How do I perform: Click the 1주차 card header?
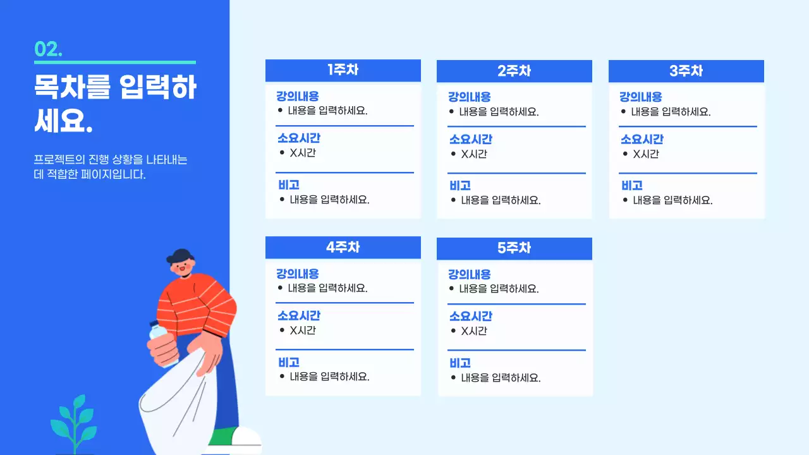[343, 70]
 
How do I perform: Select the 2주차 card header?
[514, 71]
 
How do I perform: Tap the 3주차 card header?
[686, 71]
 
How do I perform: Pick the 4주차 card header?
[343, 247]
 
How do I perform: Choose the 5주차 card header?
[514, 248]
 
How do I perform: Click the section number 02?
[48, 49]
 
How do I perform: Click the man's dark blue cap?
[180, 255]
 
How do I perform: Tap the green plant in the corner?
[75, 420]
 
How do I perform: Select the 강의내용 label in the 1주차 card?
[297, 97]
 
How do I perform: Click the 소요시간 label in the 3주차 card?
[642, 140]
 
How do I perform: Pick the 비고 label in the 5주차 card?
[460, 363]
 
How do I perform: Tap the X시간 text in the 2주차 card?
[473, 154]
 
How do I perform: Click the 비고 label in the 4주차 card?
[289, 362]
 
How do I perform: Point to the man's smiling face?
[184, 267]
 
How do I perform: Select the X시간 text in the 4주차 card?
[302, 330]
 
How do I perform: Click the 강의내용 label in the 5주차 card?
[469, 274]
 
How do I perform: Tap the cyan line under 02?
[115, 63]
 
